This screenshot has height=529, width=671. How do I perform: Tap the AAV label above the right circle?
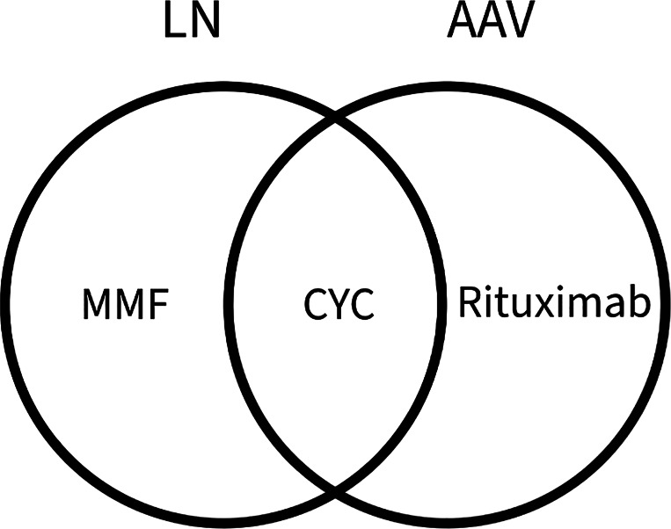(x=491, y=23)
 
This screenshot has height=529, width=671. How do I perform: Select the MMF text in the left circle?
(x=124, y=306)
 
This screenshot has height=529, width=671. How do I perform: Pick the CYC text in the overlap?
(x=339, y=306)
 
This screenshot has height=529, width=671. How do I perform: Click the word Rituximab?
(x=554, y=304)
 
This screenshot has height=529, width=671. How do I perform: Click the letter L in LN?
(x=175, y=23)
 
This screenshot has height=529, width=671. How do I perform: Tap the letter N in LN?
(x=206, y=23)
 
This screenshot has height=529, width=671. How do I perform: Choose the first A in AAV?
(x=461, y=23)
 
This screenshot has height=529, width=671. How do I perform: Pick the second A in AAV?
(x=492, y=23)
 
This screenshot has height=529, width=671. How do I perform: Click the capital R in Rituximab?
(x=470, y=304)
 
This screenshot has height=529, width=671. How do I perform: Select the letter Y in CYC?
(x=339, y=306)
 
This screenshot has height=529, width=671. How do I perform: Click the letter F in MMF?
(x=156, y=306)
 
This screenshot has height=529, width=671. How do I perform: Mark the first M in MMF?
(x=96, y=306)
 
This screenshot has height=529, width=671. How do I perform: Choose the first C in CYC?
(x=316, y=306)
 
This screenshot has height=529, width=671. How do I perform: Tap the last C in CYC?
(x=362, y=306)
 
